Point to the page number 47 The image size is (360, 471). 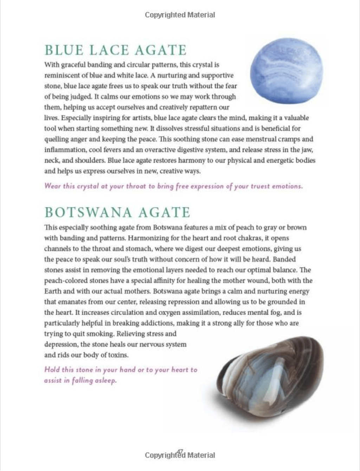180,452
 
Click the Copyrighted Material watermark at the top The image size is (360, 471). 180,15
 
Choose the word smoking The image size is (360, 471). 102,334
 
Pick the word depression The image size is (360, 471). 60,344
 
